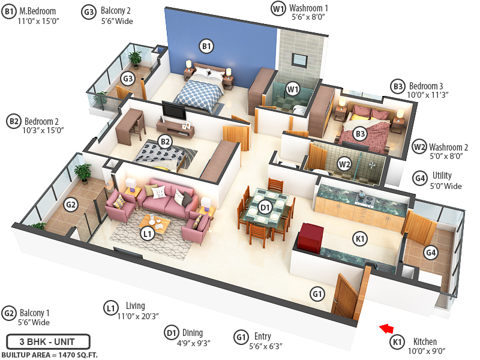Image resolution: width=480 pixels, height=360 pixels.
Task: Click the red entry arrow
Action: click(387, 328)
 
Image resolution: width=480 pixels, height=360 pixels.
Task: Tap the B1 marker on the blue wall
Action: click(206, 46)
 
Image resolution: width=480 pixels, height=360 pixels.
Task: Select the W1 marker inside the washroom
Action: click(293, 89)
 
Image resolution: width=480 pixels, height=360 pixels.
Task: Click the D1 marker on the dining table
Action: click(265, 208)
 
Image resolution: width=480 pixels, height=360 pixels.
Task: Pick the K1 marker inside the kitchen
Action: click(361, 239)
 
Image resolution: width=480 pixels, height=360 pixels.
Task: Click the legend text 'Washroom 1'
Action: click(308, 8)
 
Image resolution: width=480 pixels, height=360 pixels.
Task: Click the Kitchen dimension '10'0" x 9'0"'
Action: click(427, 351)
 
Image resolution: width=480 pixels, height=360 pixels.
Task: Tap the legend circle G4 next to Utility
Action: click(420, 178)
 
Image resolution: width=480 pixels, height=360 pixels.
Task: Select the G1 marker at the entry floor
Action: click(317, 293)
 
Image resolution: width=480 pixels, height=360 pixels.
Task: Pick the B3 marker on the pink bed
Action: click(360, 134)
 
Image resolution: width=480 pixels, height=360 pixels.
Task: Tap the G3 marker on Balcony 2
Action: click(127, 79)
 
